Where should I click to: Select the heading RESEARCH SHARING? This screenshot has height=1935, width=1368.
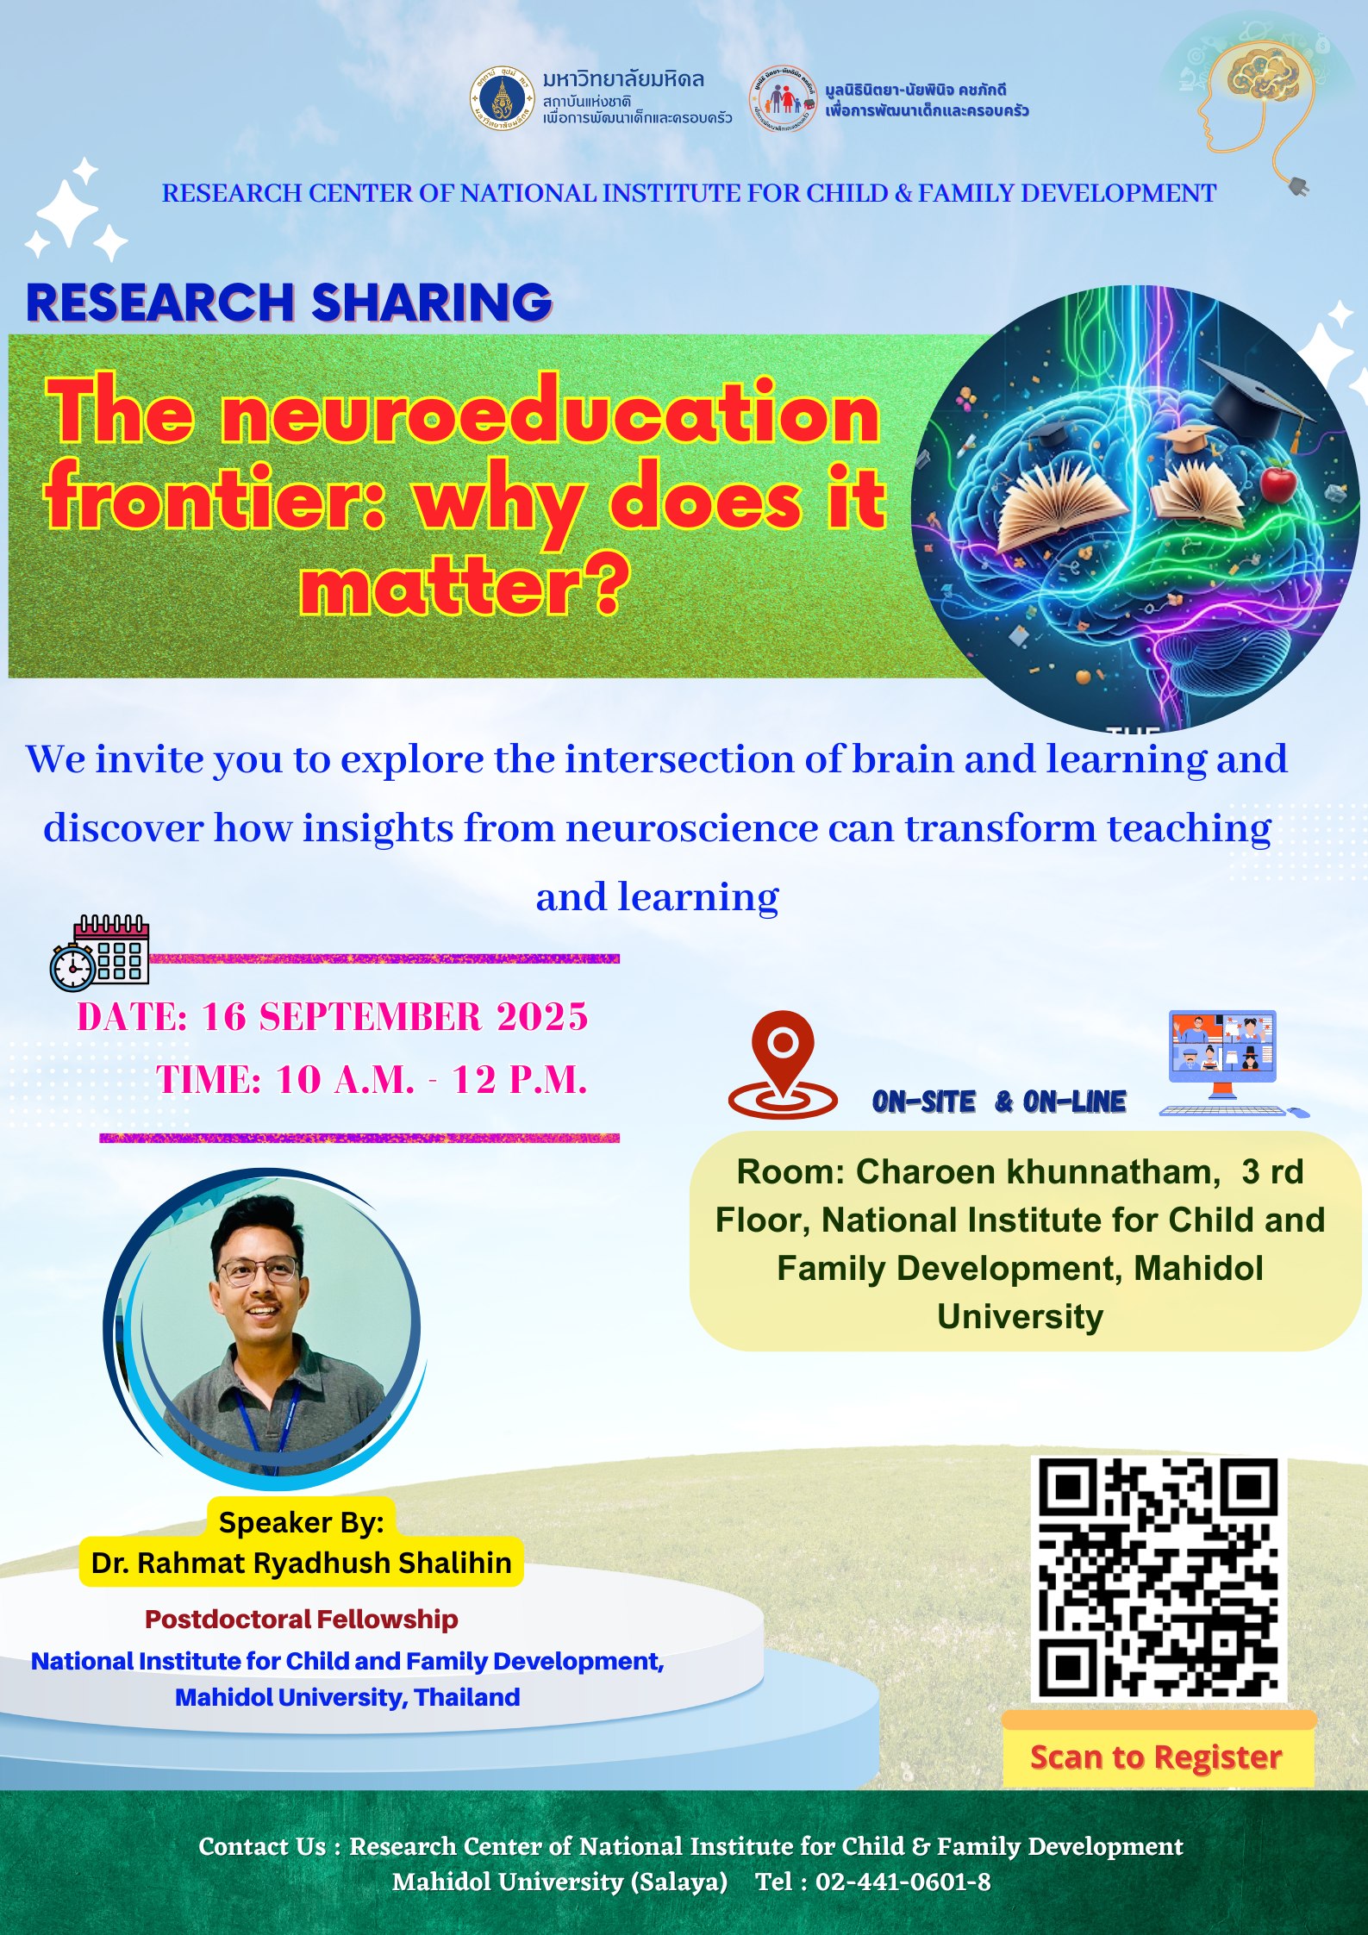[x=289, y=303]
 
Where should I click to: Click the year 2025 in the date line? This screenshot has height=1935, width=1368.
[x=542, y=1017]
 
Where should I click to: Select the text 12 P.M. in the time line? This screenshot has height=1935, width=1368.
[x=520, y=1080]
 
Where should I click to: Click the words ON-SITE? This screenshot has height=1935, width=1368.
[x=923, y=1102]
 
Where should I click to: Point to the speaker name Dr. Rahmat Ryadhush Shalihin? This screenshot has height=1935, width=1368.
[x=302, y=1563]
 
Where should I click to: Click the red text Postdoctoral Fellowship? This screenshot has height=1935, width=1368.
[x=301, y=1620]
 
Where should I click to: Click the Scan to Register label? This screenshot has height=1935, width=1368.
[x=1156, y=1757]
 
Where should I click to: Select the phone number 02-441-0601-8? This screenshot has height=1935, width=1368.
[x=903, y=1882]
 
